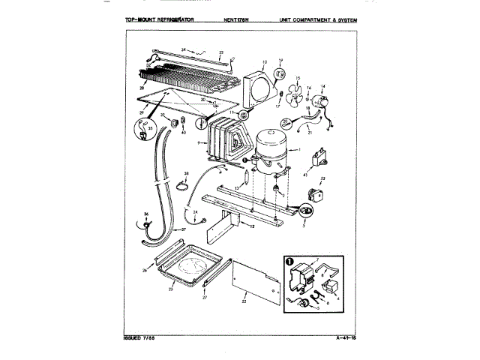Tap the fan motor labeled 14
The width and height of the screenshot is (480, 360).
[323, 104]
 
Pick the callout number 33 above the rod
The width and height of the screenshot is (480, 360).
[221, 53]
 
